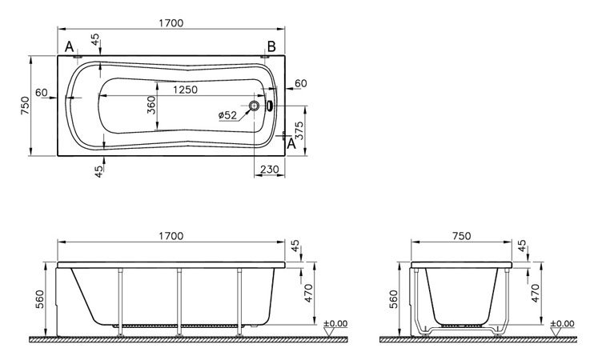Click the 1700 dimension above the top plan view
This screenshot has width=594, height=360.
pos(171,23)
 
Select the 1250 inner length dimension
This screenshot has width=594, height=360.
pos(185,90)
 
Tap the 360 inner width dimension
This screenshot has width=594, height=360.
pos(151,106)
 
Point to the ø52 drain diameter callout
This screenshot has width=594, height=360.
pos(227,115)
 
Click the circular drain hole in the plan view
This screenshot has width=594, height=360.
pos(255,106)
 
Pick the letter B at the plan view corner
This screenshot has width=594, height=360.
pos(271,46)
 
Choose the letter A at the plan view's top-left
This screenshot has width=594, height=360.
pos(69,46)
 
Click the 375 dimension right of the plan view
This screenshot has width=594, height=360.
pos(299,130)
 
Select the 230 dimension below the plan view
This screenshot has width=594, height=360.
pos(269,170)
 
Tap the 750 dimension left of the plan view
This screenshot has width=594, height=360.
pos(24,106)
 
